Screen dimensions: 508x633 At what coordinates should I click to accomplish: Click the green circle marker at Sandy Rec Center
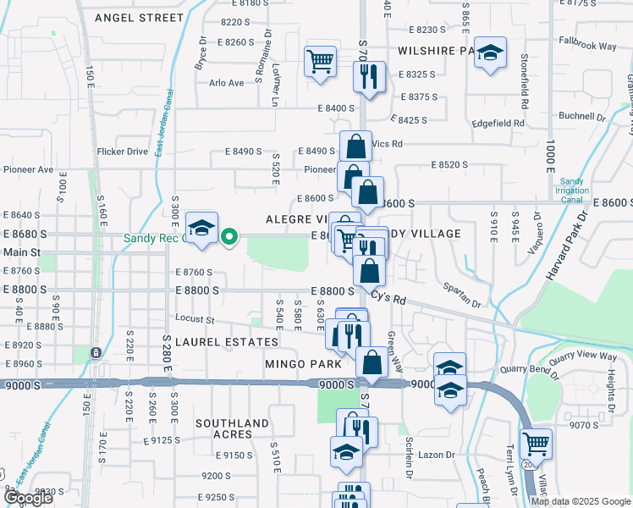[x=228, y=237]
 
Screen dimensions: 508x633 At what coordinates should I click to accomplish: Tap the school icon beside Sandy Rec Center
[x=201, y=229]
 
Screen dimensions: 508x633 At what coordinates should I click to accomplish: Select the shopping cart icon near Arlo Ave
[x=321, y=61]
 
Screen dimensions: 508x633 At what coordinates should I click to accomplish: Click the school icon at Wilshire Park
[x=490, y=53]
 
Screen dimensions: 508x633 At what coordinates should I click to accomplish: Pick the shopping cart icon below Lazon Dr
[x=536, y=443]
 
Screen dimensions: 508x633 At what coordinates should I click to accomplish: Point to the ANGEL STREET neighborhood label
[x=139, y=17]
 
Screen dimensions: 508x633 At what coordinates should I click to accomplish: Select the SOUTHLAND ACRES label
[x=232, y=428]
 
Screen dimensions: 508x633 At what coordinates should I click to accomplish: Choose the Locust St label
[x=195, y=319]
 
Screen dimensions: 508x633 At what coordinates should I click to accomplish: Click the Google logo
[x=28, y=498]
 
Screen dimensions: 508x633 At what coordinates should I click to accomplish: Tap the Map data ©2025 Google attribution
[x=580, y=501]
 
